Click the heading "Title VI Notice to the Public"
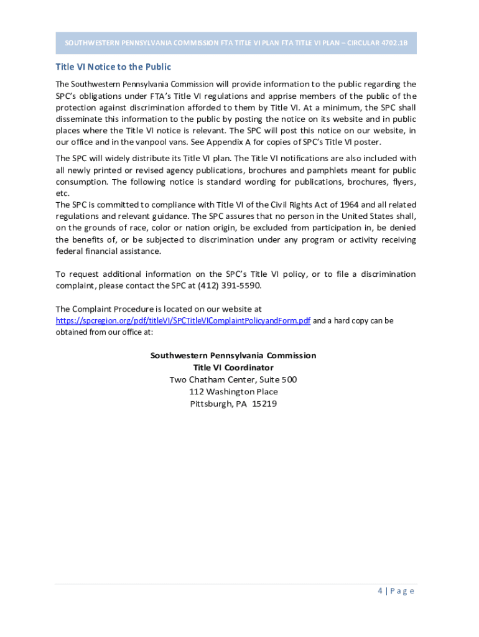point(113,67)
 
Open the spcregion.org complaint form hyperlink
point(183,321)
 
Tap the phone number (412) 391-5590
point(230,286)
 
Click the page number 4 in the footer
point(380,591)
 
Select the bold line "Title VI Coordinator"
point(233,368)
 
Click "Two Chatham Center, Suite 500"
point(233,379)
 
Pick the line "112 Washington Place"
point(233,392)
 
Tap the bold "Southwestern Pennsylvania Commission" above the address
point(233,356)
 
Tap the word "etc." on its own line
point(62,193)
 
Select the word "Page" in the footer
point(402,591)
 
